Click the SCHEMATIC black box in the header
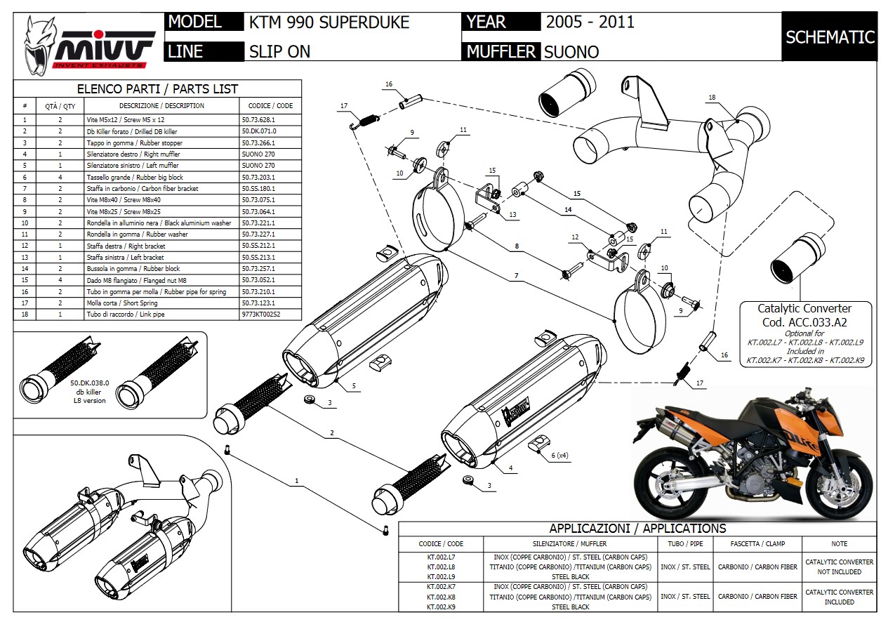[x=830, y=37]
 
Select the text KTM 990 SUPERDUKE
[x=329, y=22]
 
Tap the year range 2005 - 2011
[x=590, y=22]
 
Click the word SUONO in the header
[x=571, y=51]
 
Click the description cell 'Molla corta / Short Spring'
[x=162, y=303]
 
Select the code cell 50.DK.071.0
[x=259, y=131]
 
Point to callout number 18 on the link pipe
[x=712, y=97]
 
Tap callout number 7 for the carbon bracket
[x=516, y=276]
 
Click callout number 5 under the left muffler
[x=354, y=386]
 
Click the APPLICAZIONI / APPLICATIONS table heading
[x=637, y=529]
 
